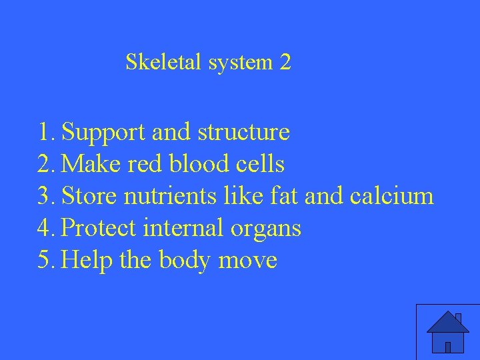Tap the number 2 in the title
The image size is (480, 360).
pos(285,63)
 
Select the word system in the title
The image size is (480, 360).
pos(240,63)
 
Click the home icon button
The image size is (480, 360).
pos(447,331)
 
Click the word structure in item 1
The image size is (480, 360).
pos(243,133)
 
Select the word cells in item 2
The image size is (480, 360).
pos(261,164)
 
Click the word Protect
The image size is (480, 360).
pos(98,228)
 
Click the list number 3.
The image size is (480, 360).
pos(45,196)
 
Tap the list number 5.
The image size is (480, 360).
pos(45,260)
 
